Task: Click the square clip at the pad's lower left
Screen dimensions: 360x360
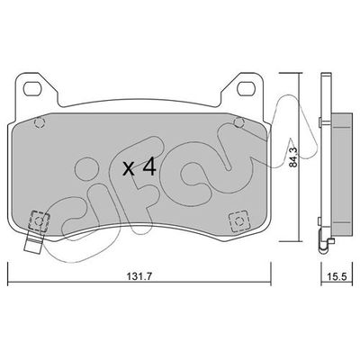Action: point(39,217)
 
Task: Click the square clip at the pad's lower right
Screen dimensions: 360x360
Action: point(239,217)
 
